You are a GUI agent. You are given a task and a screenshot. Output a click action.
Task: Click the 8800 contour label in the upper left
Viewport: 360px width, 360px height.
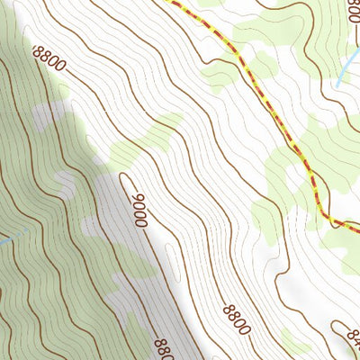point(49,60)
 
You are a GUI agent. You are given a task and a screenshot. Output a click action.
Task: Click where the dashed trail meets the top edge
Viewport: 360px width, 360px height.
point(167,2)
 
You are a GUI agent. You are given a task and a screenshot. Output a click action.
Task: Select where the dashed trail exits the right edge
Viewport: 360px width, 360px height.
point(357,227)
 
